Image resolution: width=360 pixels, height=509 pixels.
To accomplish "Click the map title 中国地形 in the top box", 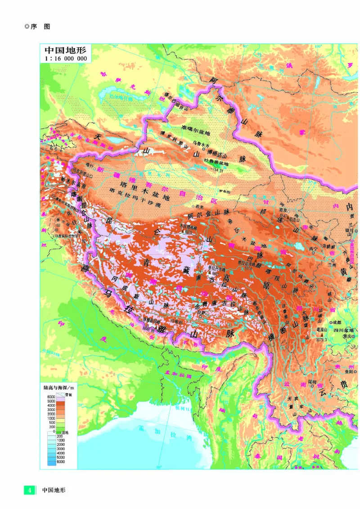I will [x=65, y=50].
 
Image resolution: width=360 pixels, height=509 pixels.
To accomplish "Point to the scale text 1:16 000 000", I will [x=65, y=59].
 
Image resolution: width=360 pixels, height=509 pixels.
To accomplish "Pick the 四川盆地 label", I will [x=342, y=330].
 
